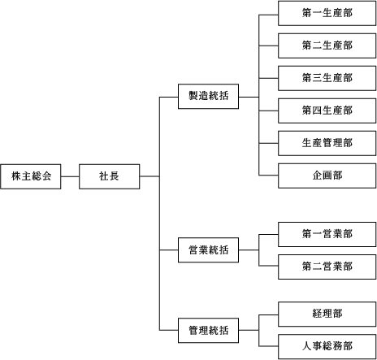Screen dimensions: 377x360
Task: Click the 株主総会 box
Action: (x=31, y=176)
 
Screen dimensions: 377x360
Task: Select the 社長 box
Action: (x=110, y=176)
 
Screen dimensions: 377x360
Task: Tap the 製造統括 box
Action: (x=208, y=97)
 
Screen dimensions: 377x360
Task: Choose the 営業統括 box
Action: (x=208, y=250)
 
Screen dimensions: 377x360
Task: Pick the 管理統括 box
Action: (x=208, y=331)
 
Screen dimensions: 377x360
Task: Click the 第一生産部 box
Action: (x=327, y=13)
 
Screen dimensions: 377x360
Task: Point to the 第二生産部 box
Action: (x=327, y=46)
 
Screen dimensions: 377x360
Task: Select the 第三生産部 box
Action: (x=327, y=78)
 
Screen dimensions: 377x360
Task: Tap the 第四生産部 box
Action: (x=327, y=111)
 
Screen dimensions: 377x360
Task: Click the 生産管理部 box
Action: (x=327, y=143)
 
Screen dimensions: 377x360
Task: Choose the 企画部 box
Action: (x=327, y=176)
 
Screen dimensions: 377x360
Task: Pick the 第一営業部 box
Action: (x=327, y=234)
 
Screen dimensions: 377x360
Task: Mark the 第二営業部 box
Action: (x=327, y=267)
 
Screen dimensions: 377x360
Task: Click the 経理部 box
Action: (x=327, y=314)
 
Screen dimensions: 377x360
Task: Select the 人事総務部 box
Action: (x=327, y=347)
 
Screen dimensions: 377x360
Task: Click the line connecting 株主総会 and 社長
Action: (x=70, y=176)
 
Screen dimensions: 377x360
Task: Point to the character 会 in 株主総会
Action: (x=47, y=176)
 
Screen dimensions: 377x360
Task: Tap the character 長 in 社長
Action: (x=115, y=176)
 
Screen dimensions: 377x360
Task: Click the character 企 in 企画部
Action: (x=317, y=176)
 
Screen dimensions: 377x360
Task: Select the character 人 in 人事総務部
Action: (x=307, y=346)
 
